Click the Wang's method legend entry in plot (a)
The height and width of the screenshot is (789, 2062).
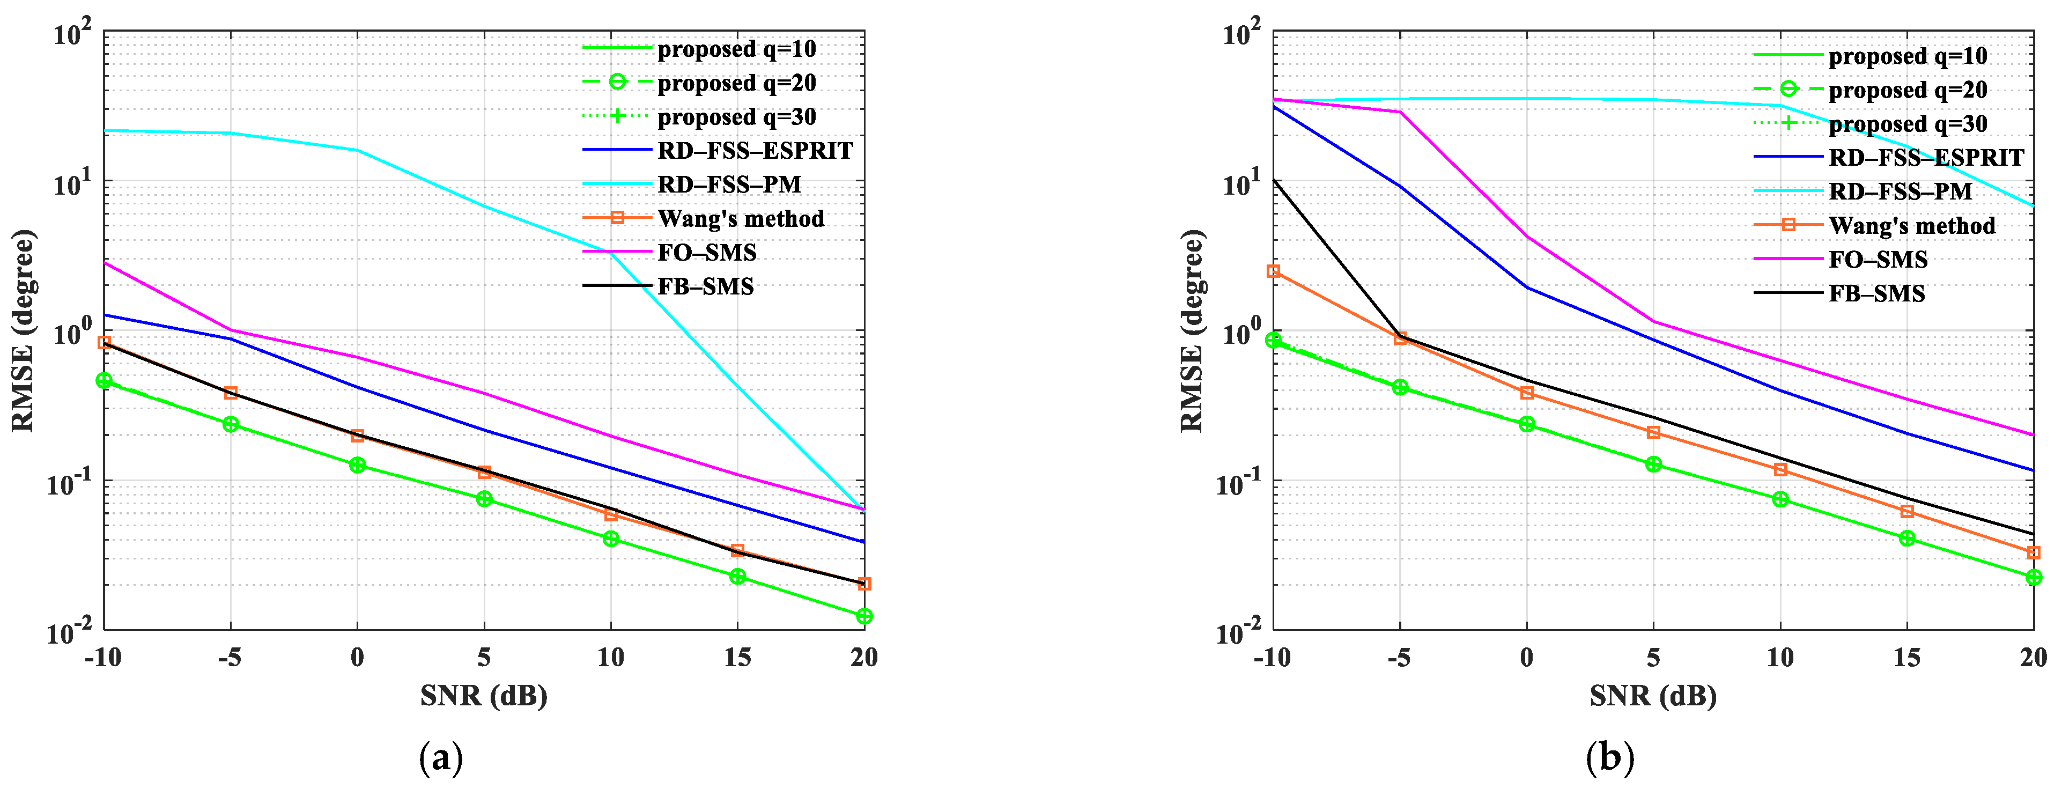741,218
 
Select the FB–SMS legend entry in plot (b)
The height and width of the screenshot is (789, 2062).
1876,294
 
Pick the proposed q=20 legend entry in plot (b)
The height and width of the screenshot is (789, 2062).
1908,90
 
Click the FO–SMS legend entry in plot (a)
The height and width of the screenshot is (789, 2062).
707,253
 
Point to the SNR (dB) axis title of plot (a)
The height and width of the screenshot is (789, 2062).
484,695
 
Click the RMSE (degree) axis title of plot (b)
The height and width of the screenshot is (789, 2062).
1192,330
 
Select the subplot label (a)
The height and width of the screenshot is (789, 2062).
441,757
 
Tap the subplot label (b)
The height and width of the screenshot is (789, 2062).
1610,757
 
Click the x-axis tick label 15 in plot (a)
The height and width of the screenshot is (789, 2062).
737,658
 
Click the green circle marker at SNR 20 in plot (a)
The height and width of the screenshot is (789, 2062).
864,616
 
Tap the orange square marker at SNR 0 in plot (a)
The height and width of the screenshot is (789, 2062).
357,436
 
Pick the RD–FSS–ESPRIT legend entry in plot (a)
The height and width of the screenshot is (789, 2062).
755,150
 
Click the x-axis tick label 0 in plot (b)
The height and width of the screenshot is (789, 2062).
1526,658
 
